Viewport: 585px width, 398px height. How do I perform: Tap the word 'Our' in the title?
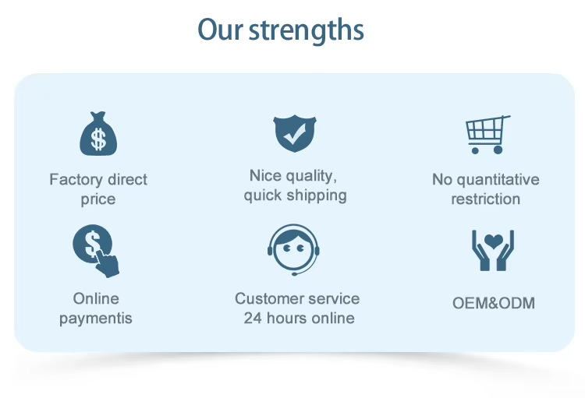[220, 30]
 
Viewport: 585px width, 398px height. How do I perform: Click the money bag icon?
[98, 134]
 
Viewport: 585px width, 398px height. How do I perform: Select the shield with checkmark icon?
[295, 133]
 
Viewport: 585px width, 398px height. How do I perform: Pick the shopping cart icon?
[487, 135]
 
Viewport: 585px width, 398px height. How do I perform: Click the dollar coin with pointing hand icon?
[96, 251]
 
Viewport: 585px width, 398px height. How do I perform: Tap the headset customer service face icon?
[293, 250]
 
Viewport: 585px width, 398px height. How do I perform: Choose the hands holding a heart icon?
[493, 250]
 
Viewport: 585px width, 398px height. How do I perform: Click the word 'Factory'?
[76, 180]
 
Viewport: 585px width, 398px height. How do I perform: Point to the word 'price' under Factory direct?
[98, 199]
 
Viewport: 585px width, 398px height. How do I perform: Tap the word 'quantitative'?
[498, 180]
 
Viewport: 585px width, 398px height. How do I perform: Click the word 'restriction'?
[486, 199]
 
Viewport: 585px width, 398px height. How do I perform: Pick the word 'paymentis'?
[96, 319]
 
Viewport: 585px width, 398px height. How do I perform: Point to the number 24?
[253, 319]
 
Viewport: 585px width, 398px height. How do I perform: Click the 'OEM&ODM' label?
[494, 303]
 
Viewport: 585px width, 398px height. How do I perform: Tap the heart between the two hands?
[493, 241]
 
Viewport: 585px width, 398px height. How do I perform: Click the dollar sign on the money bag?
[98, 139]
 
